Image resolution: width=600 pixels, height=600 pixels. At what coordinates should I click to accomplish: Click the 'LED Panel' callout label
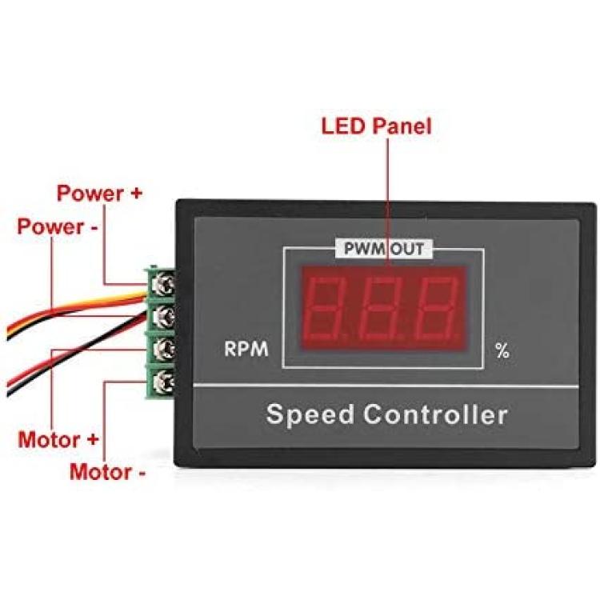[376, 126]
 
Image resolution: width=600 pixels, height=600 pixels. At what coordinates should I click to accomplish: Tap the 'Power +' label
[99, 193]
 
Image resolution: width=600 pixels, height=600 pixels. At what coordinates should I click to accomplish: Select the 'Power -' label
[58, 226]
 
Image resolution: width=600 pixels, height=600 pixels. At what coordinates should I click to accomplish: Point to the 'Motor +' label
[58, 440]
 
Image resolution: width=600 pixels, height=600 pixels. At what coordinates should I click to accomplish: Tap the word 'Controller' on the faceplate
[435, 414]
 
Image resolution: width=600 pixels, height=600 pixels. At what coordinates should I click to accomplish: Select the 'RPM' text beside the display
[246, 349]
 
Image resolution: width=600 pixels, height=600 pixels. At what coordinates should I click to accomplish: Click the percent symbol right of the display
[502, 350]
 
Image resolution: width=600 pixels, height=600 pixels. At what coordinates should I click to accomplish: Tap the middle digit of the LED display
[382, 308]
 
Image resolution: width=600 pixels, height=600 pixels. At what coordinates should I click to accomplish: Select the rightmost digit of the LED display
[438, 308]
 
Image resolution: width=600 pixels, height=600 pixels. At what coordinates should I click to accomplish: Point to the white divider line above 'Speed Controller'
[386, 386]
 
